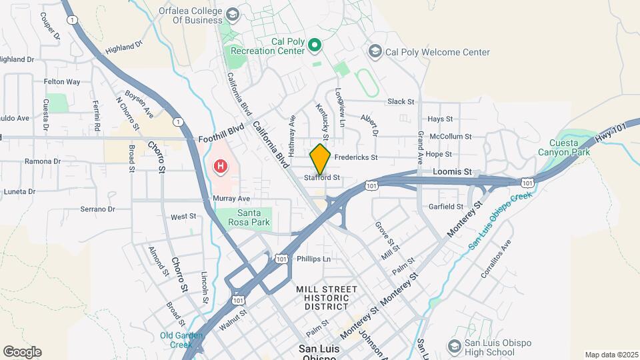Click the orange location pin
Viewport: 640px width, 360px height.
[320, 159]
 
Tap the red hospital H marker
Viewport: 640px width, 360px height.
[219, 165]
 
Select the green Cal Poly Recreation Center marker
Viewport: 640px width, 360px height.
[315, 45]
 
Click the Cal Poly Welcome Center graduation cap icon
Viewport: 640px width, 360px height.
[375, 51]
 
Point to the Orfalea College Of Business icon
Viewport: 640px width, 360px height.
[233, 15]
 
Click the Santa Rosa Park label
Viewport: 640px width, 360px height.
[244, 219]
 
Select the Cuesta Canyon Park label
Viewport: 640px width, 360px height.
[570, 147]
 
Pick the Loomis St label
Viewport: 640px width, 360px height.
[453, 171]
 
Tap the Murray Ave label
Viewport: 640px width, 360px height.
[231, 199]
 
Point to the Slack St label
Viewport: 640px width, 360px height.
[401, 102]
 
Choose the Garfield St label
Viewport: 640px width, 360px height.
[446, 207]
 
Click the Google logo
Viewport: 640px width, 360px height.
[22, 352]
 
